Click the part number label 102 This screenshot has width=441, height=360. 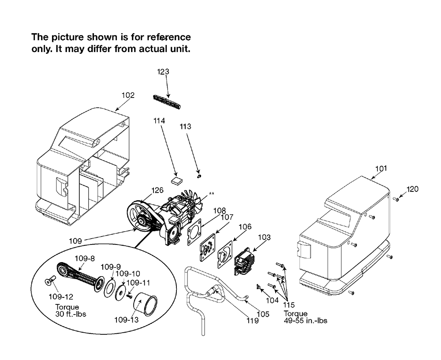(128, 95)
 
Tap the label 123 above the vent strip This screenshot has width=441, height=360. (163, 72)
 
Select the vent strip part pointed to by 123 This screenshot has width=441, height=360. (167, 101)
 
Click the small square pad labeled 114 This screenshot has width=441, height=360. (177, 180)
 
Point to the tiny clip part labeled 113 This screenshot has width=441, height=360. (199, 176)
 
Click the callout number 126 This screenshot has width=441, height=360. (157, 191)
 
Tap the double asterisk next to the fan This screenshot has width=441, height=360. (212, 194)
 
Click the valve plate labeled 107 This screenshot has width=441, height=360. (208, 247)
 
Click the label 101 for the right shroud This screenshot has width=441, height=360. (381, 169)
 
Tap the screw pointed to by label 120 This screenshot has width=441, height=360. (396, 199)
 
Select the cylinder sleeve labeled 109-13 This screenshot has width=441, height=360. (145, 304)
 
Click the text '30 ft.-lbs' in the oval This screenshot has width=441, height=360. (71, 314)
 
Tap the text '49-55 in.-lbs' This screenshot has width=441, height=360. (306, 320)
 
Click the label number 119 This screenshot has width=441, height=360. (253, 321)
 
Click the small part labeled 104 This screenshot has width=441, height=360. (258, 287)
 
